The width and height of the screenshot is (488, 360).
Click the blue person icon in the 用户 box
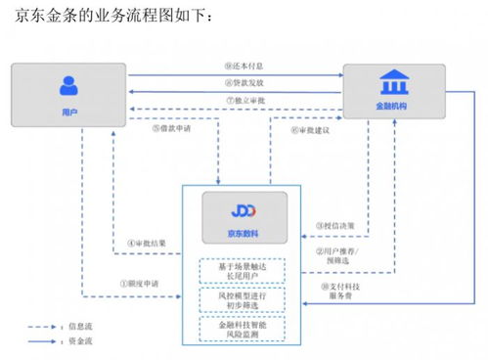point(67,85)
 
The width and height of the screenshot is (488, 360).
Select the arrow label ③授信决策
point(333,225)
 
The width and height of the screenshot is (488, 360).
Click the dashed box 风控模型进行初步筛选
point(244,300)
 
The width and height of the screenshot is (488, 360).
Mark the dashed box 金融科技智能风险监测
point(244,329)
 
